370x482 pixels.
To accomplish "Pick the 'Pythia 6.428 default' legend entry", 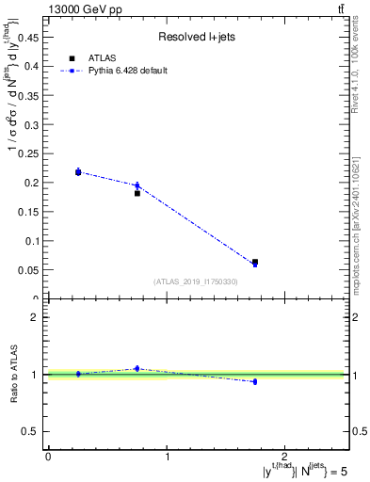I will [128, 71].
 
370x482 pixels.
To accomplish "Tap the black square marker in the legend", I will [72, 58].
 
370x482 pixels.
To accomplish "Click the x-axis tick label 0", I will [48, 457].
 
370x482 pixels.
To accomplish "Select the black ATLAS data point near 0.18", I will [137, 193].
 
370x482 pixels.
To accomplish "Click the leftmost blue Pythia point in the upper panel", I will [78, 171].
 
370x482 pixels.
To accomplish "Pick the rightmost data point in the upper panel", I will [255, 263].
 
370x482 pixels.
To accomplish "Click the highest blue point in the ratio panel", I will [137, 368].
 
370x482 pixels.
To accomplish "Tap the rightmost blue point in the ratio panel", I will [255, 381].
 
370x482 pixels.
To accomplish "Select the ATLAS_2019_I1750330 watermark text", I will [196, 281].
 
